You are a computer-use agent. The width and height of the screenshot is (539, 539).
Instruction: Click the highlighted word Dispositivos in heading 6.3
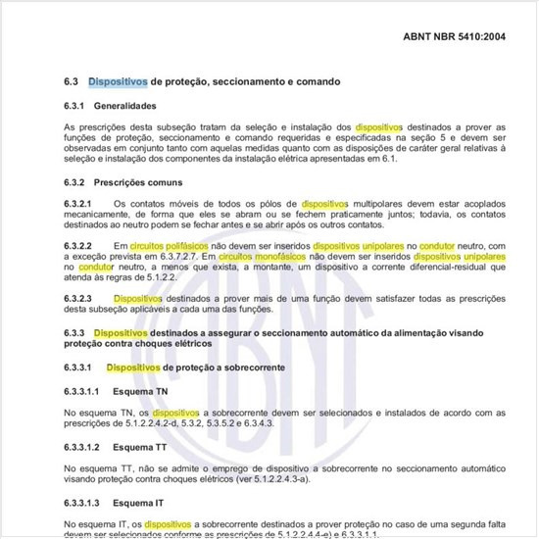tap(118, 82)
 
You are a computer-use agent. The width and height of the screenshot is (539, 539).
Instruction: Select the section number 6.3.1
tap(75, 105)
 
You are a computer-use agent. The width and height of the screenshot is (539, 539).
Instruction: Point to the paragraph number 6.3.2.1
tap(77, 204)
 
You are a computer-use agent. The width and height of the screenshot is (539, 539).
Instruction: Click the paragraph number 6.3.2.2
tap(77, 244)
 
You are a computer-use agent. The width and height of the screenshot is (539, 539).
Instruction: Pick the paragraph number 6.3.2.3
tap(77, 296)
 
